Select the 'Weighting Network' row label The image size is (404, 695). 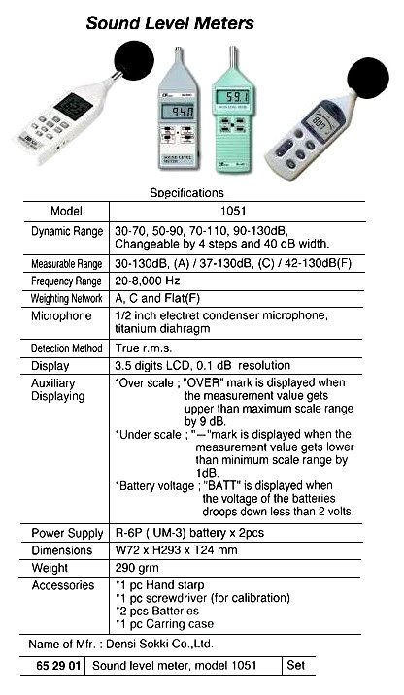pyautogui.click(x=67, y=299)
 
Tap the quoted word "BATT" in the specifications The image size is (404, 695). pyautogui.click(x=219, y=483)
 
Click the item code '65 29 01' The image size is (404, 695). pyautogui.click(x=58, y=665)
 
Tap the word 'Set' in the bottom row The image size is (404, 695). pyautogui.click(x=297, y=665)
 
